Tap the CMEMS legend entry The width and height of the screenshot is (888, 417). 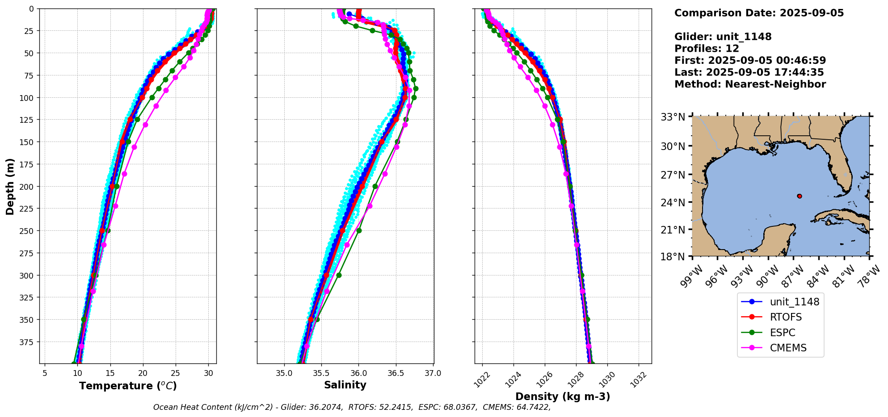coord(788,348)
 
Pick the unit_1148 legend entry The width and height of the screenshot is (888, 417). coord(794,302)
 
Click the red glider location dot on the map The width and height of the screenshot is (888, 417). coord(800,196)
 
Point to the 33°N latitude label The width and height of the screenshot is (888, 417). coord(673,117)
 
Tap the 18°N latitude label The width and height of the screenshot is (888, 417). coord(673,257)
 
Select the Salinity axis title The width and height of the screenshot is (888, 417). coord(345,385)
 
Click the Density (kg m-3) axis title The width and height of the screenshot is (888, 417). coord(563,396)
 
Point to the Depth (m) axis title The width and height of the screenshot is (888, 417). coord(10,186)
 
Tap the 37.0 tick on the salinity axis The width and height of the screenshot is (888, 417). coord(433,373)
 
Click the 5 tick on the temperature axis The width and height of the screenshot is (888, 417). coord(45,373)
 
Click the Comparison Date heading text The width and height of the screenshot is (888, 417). coord(759,13)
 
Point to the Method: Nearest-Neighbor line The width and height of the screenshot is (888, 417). coord(750,84)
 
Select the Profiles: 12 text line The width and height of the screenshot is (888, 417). coord(707,49)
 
